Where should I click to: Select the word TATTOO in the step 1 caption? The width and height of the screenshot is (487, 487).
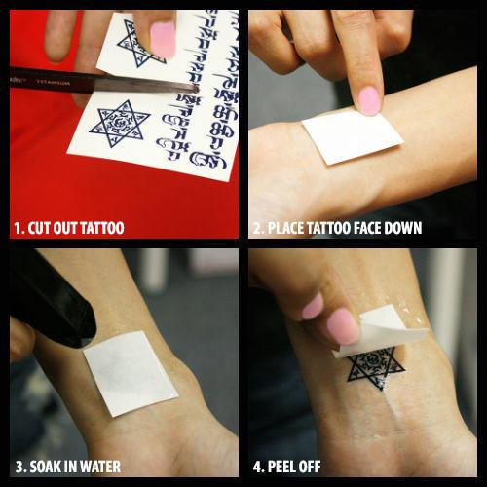coord(100,229)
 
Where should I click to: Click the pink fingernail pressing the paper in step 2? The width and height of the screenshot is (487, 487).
coord(368,99)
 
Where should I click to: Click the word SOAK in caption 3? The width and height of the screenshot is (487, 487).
coord(46,467)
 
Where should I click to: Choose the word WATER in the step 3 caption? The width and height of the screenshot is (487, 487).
coord(102,467)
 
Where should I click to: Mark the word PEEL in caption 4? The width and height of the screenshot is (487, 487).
coord(283,467)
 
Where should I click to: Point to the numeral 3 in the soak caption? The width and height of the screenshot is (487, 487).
coord(17,467)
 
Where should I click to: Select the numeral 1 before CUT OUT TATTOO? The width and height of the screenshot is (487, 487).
coord(17,229)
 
